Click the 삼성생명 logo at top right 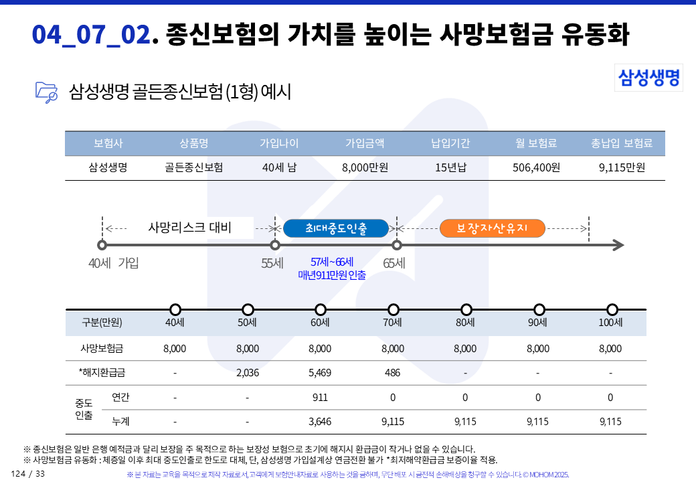648,77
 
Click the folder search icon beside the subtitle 46,92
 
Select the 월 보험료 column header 536,143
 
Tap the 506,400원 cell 536,167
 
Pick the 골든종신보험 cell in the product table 194,167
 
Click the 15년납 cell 450,167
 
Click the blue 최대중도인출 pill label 336,228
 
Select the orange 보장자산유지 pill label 492,228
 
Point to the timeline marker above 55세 274,245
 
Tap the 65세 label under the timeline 394,263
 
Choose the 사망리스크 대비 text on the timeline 189,228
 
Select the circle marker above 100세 612,309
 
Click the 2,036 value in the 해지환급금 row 248,373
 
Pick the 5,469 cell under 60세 320,373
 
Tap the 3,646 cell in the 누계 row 320,422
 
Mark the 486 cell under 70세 393,373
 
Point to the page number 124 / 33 28,474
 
